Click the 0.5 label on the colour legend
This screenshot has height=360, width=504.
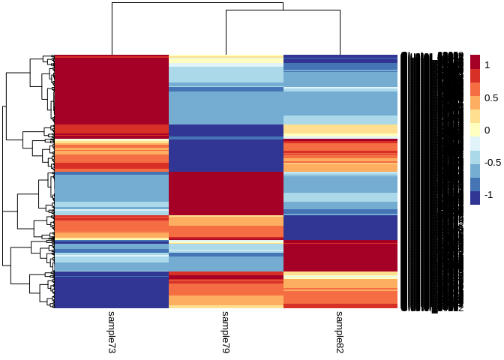490,98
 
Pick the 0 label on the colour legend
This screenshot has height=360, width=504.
487,130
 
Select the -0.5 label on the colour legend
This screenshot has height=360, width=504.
492,163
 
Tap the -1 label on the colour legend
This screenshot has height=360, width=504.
488,195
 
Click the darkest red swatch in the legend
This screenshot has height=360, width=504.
475,61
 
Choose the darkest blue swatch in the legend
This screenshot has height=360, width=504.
475,197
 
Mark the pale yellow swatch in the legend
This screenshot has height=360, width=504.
475,130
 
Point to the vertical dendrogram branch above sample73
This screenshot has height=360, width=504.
112,30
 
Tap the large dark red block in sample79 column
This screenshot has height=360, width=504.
225,193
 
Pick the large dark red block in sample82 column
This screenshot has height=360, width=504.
340,255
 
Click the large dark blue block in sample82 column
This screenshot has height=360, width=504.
340,227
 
